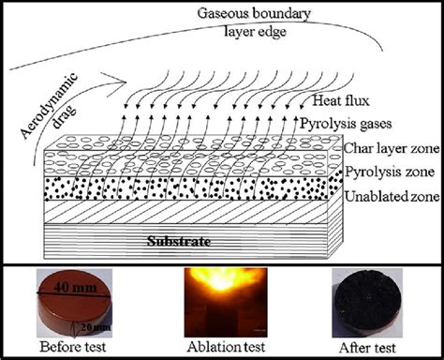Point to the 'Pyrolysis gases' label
click(360, 124)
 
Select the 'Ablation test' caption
click(221, 348)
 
